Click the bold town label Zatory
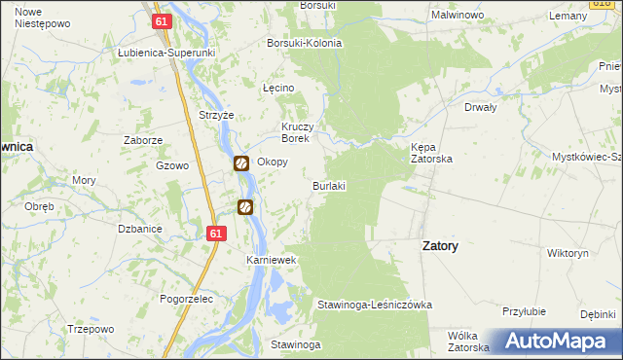(x=440, y=246)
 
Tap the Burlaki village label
(x=329, y=185)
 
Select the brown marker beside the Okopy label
(x=240, y=163)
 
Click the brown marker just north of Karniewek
(x=246, y=206)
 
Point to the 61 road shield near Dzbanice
(x=216, y=234)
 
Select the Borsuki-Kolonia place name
(x=305, y=44)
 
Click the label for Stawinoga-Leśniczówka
(x=374, y=305)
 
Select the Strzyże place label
(x=216, y=115)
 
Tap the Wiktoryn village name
(x=568, y=253)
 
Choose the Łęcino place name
(x=278, y=88)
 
